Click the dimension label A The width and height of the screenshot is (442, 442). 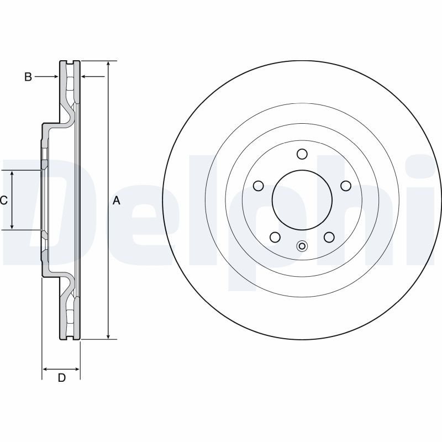coord(116,201)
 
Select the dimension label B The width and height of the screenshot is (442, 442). coord(28,77)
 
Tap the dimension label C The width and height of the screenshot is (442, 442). coord(3,201)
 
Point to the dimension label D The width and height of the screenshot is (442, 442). coord(62,378)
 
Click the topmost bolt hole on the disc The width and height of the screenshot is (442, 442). coord(301,154)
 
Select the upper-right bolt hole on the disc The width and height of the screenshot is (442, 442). coord(346,186)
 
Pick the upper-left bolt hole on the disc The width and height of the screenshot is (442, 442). coord(257,186)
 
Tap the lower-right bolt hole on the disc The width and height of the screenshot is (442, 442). coord(329,237)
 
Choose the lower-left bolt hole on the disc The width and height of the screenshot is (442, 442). coord(274,237)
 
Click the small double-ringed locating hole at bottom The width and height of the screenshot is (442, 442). coord(301,246)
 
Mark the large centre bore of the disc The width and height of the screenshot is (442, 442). coord(301,200)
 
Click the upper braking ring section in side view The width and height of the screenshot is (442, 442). coord(70,83)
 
